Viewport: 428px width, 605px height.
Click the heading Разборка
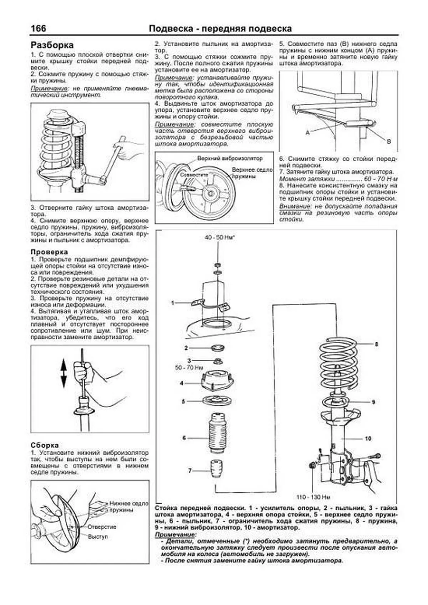[x=52, y=45]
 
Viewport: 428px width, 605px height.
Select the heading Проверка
[x=49, y=252]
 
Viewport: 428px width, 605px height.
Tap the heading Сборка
[x=45, y=445]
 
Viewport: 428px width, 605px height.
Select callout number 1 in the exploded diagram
[x=173, y=303]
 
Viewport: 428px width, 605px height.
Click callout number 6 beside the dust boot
[x=184, y=437]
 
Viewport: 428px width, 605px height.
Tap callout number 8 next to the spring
[x=376, y=344]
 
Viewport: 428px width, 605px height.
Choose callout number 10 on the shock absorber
[x=368, y=439]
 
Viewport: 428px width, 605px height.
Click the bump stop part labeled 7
[x=215, y=471]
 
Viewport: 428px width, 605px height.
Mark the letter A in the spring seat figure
[x=307, y=132]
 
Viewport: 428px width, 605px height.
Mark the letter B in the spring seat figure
[x=389, y=141]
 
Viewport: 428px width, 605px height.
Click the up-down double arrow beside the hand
[x=63, y=373]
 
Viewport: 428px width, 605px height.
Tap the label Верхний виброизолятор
[x=230, y=158]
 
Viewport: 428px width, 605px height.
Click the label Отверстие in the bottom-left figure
[x=102, y=527]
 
